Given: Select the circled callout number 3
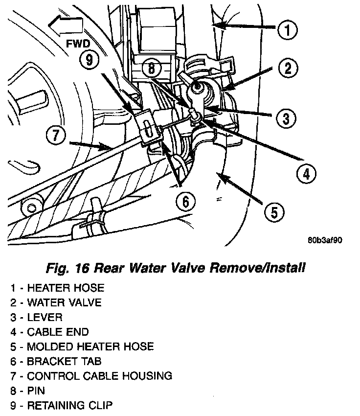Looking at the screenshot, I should (286, 117).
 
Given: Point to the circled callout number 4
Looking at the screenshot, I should (306, 173).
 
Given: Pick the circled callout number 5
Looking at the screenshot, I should (274, 212).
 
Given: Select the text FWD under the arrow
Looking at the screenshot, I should (78, 44).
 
